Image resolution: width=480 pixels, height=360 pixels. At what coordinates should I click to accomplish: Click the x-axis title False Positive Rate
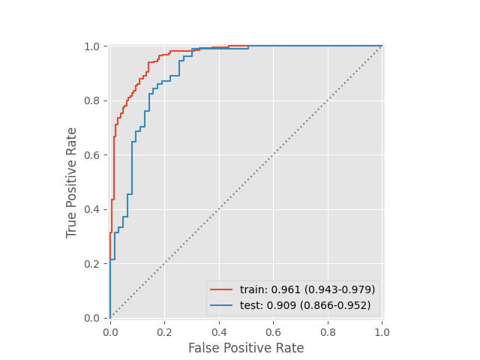click(x=246, y=348)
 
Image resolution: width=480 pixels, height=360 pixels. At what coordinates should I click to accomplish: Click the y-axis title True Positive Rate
click(x=72, y=182)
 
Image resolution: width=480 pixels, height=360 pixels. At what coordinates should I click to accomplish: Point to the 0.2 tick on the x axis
click(x=164, y=330)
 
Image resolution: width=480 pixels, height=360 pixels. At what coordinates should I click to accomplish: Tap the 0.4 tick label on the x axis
click(x=219, y=330)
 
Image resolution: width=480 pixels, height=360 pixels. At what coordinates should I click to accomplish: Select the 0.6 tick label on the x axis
click(x=273, y=330)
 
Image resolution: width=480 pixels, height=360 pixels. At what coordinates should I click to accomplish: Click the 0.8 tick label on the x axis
click(x=328, y=330)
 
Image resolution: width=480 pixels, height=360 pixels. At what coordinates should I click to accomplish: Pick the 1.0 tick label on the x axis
click(x=382, y=330)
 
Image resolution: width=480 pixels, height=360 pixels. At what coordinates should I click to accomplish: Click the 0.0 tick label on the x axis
click(x=110, y=330)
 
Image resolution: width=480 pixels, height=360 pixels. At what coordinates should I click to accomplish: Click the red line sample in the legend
click(x=222, y=289)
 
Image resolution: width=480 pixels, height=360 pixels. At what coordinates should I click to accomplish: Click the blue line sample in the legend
click(x=222, y=305)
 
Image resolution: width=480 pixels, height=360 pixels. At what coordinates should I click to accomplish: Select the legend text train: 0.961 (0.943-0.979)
click(x=307, y=289)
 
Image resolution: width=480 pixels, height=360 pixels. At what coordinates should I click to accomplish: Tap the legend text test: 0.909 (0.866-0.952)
click(x=305, y=305)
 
